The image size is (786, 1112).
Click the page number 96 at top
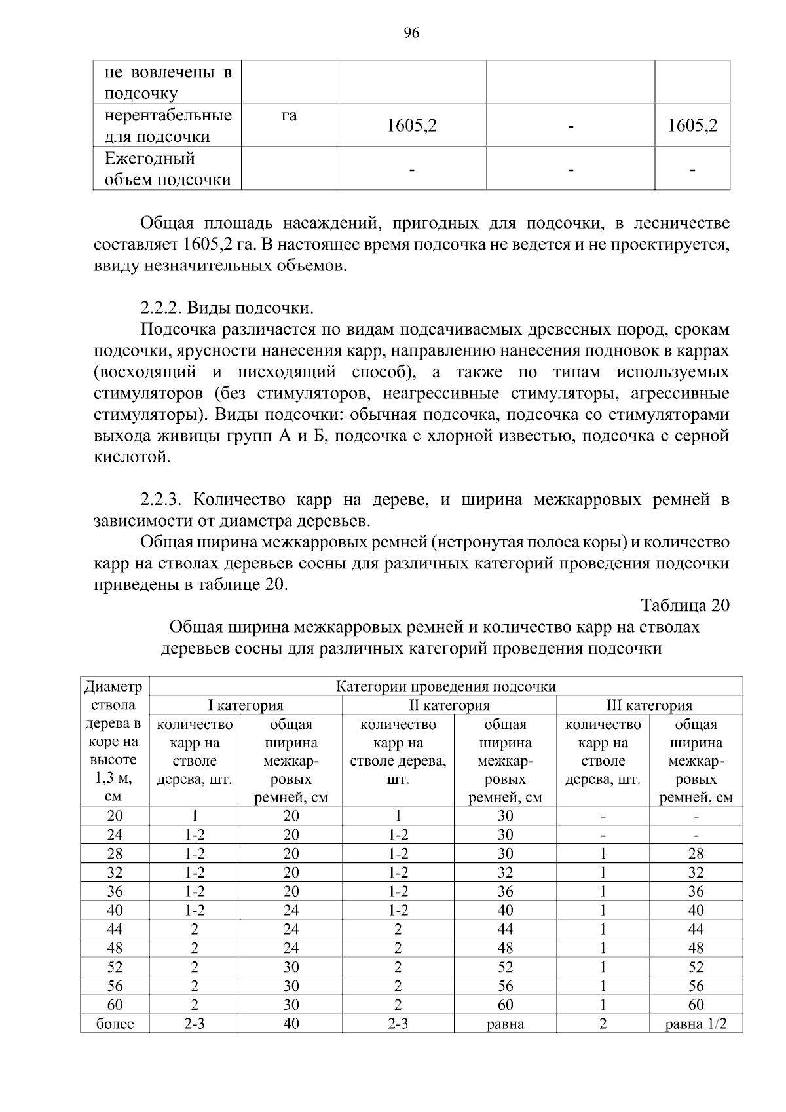[x=411, y=34]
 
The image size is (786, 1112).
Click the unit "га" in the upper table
[x=289, y=116]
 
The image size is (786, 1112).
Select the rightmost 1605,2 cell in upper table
[x=692, y=126]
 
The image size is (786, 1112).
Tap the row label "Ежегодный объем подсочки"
[x=168, y=169]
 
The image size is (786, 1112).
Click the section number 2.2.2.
[x=160, y=308]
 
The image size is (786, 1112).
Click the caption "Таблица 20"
[x=684, y=604]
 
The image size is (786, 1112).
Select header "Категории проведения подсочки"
[x=445, y=686]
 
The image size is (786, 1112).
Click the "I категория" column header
[x=246, y=705]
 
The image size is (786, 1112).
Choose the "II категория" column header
[x=449, y=705]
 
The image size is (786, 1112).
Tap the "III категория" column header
[x=649, y=705]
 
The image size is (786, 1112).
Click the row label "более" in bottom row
[x=115, y=1024]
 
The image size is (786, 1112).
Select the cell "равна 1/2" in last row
[x=696, y=1024]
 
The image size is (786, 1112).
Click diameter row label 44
[x=115, y=929]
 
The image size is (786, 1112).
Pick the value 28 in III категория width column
[x=696, y=853]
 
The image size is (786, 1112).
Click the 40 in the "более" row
[x=291, y=1024]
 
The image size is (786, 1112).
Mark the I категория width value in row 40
[x=291, y=910]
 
